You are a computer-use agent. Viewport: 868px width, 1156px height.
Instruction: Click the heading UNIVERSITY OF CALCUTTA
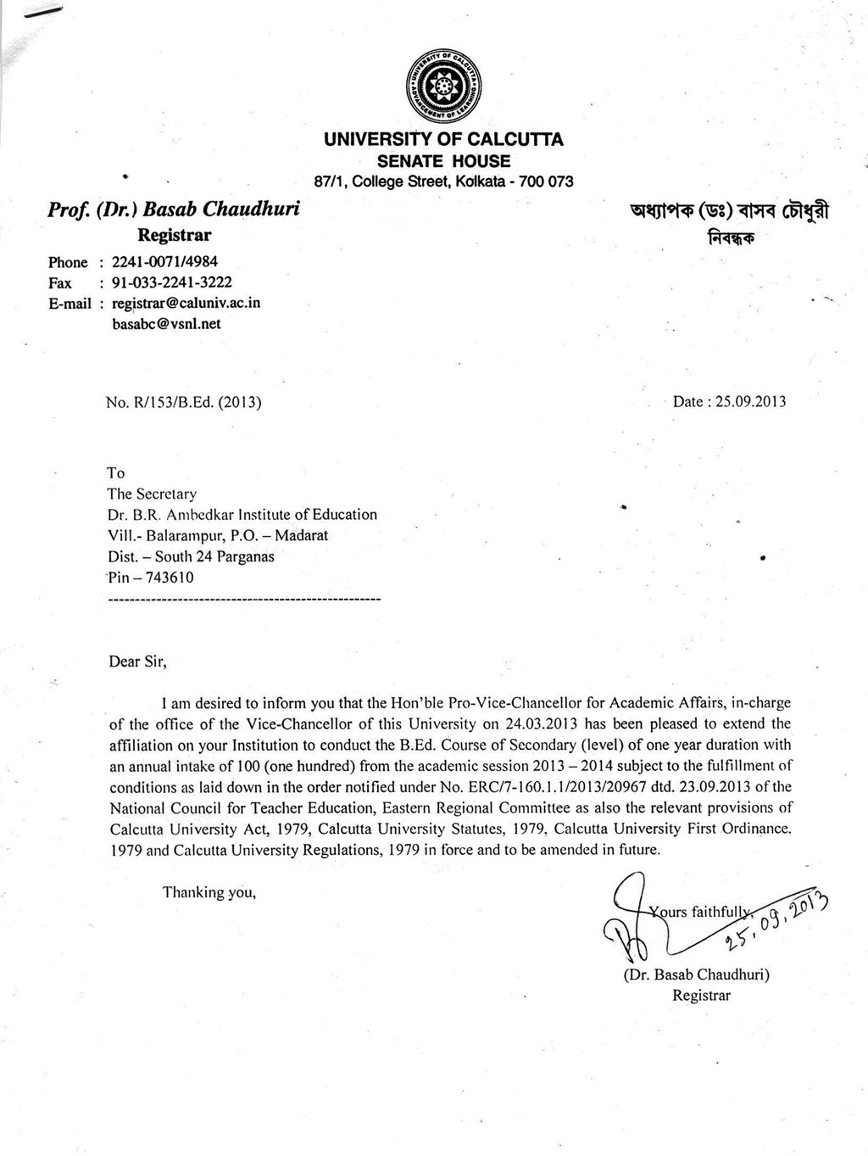tap(443, 140)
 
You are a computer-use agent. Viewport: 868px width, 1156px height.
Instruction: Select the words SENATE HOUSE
tap(443, 161)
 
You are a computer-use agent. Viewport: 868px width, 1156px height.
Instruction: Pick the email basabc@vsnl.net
tap(166, 323)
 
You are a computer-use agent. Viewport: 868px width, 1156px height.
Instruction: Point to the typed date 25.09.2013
tap(751, 401)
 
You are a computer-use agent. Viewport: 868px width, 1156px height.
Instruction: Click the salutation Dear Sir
tap(137, 662)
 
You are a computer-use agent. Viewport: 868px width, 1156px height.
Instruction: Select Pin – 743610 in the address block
tap(151, 578)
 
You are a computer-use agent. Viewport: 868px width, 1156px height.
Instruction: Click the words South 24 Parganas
tap(214, 557)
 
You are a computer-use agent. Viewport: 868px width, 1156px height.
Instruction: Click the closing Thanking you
tap(209, 892)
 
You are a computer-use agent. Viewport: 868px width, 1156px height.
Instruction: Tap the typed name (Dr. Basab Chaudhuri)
tap(696, 975)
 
